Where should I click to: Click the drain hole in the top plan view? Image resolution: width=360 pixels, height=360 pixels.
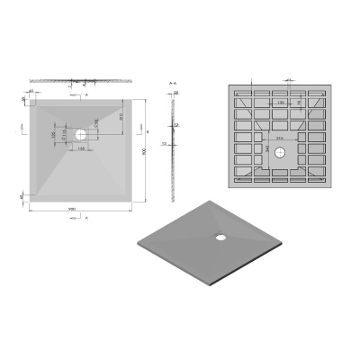(82, 135)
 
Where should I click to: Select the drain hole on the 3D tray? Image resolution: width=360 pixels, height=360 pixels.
(219, 238)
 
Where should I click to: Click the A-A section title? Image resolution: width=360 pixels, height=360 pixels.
(172, 83)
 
